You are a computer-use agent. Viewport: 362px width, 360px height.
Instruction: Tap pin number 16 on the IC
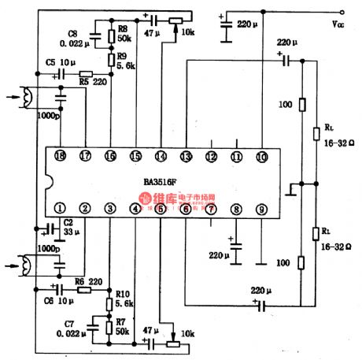coord(110,156)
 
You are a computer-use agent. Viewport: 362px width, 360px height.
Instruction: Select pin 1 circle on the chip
coord(60,209)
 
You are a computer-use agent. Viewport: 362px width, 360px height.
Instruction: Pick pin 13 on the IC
coord(186,156)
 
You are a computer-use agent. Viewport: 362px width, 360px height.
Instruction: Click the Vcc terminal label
coord(338,25)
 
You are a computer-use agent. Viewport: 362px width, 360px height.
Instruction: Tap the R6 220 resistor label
coord(88,281)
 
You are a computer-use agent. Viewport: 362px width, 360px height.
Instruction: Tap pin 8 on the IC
coord(235,209)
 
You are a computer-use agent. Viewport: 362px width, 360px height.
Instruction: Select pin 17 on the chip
coord(85,156)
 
